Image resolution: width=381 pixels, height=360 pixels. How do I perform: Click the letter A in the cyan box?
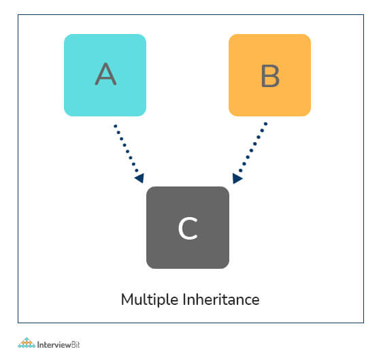105,74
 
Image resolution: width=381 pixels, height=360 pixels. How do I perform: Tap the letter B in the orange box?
270,76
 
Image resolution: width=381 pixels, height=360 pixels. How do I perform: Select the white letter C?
188,228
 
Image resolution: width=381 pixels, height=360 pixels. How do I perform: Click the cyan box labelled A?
105,75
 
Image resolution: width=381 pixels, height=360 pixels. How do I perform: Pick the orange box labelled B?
269,75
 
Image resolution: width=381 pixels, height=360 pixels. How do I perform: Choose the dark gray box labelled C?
188,228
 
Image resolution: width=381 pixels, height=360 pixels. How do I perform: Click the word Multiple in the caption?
150,299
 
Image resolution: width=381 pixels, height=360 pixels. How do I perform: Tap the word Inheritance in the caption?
221,299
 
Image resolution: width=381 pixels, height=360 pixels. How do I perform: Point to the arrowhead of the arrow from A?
139,178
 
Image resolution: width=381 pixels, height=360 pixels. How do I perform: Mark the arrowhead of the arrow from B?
237,179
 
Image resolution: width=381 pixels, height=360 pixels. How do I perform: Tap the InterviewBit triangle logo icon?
27,343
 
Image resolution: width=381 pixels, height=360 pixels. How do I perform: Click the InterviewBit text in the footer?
59,344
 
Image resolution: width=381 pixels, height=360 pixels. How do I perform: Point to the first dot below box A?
116,126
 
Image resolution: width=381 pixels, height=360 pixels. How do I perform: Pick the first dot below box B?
265,124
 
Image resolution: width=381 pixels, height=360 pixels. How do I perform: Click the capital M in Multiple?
127,299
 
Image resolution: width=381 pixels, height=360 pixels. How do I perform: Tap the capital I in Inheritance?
184,299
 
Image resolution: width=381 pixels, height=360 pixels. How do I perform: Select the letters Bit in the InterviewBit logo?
76,344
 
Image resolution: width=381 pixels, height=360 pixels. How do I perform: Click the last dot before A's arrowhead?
137,170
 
